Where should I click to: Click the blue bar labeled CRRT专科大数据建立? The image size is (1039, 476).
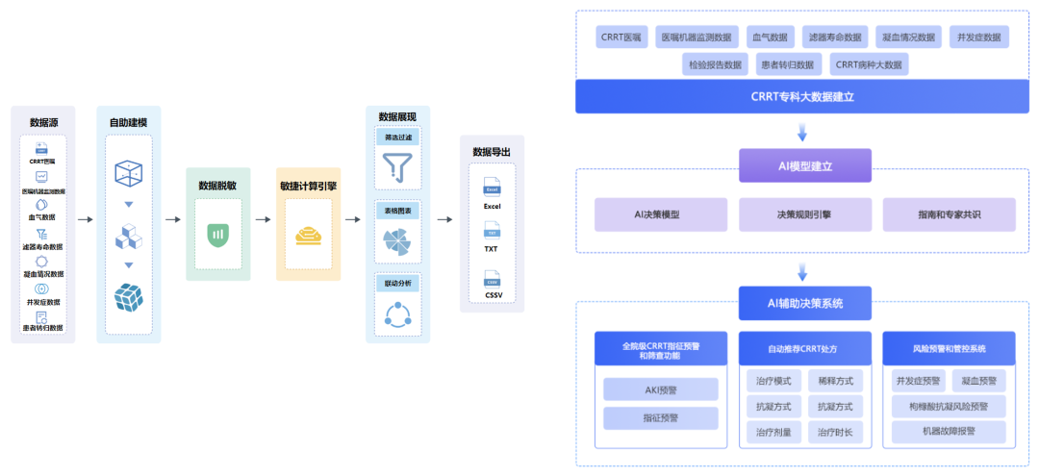tap(802, 96)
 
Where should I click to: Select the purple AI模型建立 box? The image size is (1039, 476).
tap(804, 165)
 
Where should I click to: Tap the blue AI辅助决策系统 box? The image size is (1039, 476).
tap(804, 303)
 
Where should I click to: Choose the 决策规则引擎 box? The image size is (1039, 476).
tap(804, 214)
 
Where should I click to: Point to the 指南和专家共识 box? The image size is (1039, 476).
tap(949, 214)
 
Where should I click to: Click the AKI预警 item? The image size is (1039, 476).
tap(661, 389)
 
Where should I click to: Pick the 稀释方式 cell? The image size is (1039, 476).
tap(835, 381)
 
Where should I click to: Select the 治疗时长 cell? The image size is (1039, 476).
tap(835, 433)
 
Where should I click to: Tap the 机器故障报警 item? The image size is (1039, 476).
tap(949, 433)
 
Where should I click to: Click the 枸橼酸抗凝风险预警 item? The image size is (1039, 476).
tap(949, 407)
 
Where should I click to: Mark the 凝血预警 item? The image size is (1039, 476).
tap(978, 381)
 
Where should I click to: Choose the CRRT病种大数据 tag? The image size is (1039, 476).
tap(869, 64)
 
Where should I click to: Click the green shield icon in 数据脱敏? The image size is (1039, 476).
tap(217, 234)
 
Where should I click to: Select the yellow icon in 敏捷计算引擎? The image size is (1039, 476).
tap(308, 234)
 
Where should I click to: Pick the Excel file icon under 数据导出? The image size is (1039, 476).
tap(492, 185)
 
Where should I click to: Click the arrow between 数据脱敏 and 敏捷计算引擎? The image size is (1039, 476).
tap(263, 220)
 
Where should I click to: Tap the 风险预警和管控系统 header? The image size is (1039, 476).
tap(949, 348)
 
